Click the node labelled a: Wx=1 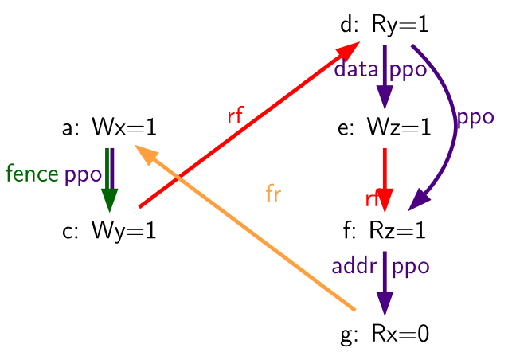109,127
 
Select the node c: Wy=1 109,231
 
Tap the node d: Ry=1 385,25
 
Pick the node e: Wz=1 385,127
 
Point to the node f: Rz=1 385,230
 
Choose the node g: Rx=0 385,334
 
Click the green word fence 32,174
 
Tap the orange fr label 273,194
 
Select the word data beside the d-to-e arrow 356,68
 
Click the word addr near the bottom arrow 354,266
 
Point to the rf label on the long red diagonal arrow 235,115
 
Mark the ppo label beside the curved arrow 475,118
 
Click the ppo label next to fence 83,176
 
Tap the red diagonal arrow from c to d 249,124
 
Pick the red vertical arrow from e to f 385,180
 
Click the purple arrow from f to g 385,284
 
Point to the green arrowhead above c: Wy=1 110,200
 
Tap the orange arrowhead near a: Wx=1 146,153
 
